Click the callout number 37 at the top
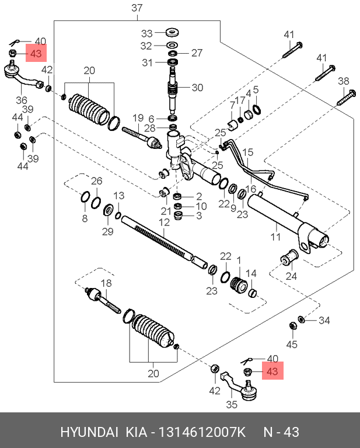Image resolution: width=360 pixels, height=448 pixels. pos(137,8)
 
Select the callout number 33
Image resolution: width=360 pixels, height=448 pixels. pos(147,33)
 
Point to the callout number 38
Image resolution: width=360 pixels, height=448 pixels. pos(344,81)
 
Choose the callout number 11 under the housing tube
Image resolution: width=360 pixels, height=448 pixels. pos(275,237)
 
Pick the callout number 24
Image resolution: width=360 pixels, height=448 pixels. pos(291,276)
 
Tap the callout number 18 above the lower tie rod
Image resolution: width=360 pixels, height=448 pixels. pos(106,283)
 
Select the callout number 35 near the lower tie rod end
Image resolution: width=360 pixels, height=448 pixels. pos(232,404)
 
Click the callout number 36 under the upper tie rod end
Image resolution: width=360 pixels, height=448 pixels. pos(22,100)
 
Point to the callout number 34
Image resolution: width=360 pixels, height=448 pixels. pos(324,320)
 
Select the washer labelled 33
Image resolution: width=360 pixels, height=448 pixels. pos(173,32)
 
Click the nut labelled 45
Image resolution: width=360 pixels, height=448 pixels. pos(292,325)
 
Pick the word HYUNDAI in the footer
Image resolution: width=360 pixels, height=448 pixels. pos(89,433)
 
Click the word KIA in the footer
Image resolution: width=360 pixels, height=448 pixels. pos(135,433)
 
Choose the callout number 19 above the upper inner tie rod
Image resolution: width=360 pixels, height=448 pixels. pos(138,117)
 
